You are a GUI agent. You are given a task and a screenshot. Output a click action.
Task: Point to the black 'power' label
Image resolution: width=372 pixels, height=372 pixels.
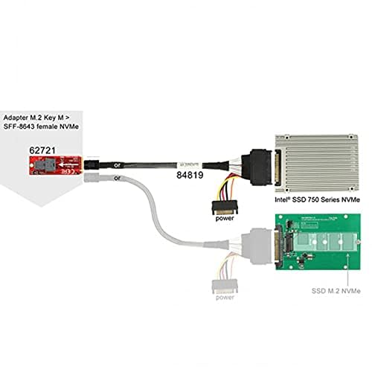225,219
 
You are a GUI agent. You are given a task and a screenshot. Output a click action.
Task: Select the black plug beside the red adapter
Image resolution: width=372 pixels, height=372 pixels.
92,161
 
